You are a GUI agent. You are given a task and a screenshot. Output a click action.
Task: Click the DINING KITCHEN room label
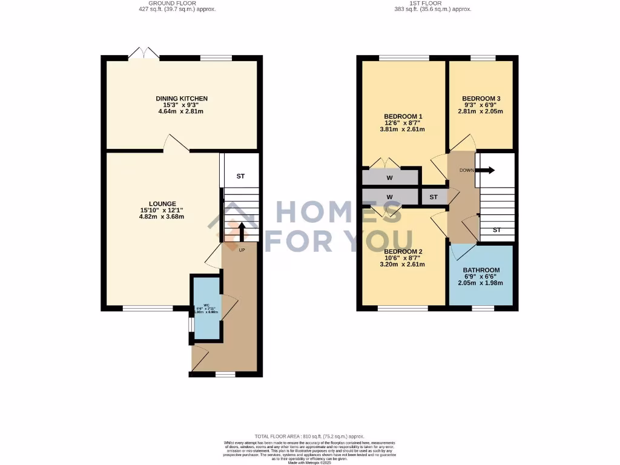point(182,98)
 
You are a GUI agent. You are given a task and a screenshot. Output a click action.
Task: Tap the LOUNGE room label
point(162,203)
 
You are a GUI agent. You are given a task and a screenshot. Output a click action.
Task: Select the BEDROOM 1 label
point(403,116)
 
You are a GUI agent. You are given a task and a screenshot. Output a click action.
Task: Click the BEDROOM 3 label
point(481,98)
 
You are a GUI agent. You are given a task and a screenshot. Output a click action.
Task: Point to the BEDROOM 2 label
point(403,251)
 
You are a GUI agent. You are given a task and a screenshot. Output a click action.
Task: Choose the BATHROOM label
point(481,270)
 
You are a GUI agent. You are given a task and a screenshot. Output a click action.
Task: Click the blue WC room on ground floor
point(206,309)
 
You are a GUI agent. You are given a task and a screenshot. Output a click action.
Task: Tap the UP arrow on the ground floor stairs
point(242,232)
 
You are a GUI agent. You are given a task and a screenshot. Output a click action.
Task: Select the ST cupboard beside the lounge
point(240,176)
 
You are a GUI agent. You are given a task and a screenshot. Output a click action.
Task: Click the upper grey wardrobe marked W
point(390,178)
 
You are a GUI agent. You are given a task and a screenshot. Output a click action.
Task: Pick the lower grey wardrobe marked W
point(390,197)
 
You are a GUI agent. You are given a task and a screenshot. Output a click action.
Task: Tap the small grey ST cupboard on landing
point(434,197)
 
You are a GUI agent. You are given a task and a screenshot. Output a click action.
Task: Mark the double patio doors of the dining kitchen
point(144,56)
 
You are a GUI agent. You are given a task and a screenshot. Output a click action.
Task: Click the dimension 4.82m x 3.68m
point(162,217)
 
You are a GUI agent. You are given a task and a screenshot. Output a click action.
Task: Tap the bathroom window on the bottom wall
point(483,308)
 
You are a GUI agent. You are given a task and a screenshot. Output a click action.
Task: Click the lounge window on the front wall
point(148,308)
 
